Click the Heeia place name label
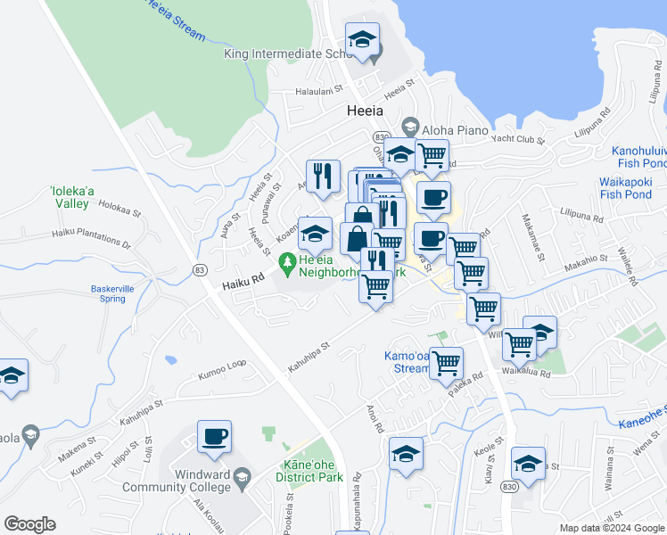364,111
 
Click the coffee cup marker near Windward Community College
214,437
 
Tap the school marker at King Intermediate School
362,40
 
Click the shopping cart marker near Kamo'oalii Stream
445,362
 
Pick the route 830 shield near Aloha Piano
382,136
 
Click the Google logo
30,524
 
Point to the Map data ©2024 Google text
612,528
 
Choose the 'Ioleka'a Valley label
69,197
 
